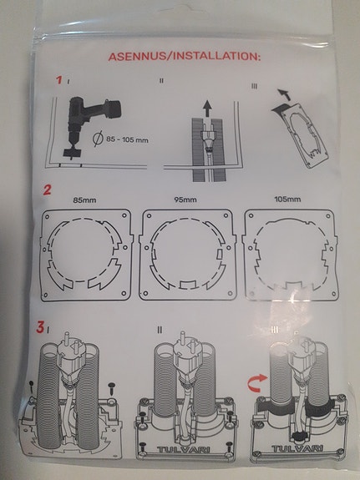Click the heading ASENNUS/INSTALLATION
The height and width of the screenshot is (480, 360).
click(x=185, y=57)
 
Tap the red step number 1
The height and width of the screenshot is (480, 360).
click(x=59, y=81)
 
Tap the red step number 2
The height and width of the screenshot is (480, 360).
click(x=48, y=190)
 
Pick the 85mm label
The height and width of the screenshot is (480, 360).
click(x=84, y=200)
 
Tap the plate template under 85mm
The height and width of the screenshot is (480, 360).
click(x=84, y=254)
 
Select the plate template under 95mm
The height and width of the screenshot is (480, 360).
click(x=185, y=254)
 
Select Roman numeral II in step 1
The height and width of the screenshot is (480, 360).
click(x=161, y=82)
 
